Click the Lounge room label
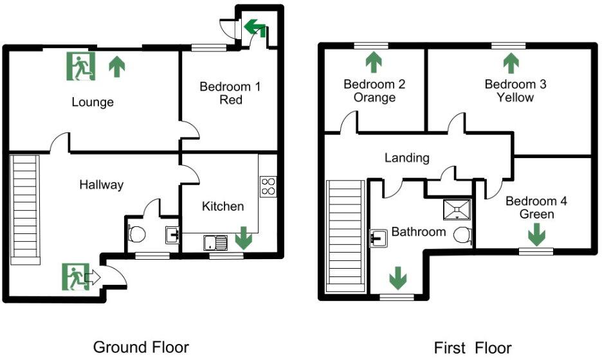click(x=93, y=102)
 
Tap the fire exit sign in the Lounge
click(x=80, y=66)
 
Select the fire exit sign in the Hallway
click(x=75, y=277)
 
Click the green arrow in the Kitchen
click(x=243, y=238)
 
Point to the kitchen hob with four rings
click(x=268, y=186)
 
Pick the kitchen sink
click(x=215, y=243)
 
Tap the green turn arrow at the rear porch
click(x=255, y=27)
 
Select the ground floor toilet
click(x=136, y=233)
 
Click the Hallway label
click(x=101, y=185)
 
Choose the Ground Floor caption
click(x=141, y=348)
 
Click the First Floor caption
click(x=473, y=348)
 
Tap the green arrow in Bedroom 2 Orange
click(x=373, y=63)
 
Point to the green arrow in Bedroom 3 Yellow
click(x=511, y=63)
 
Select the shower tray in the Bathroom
click(x=458, y=210)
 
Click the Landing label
click(x=407, y=157)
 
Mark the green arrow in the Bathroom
click(x=398, y=279)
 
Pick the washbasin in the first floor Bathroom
click(x=379, y=239)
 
